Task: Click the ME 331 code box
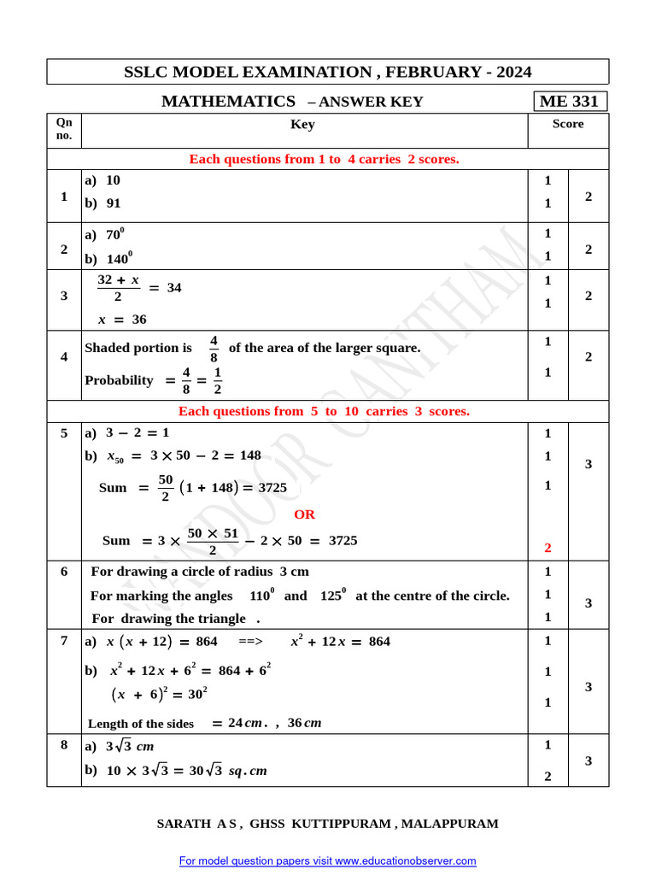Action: [570, 102]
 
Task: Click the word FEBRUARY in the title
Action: [419, 72]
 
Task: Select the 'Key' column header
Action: [302, 125]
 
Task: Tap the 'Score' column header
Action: [568, 125]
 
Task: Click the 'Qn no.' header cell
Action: [64, 129]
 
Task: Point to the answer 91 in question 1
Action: [114, 203]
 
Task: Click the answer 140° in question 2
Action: [120, 258]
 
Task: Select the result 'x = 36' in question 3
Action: [122, 320]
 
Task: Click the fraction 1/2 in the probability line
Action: [217, 381]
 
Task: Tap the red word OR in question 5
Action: [304, 514]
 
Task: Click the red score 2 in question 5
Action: [548, 547]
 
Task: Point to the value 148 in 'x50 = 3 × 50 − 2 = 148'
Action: [249, 455]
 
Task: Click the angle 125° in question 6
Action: [332, 595]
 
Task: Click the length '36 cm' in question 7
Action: [304, 723]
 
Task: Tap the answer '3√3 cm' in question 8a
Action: [130, 747]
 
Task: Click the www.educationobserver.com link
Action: [405, 860]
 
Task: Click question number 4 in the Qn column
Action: [64, 356]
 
